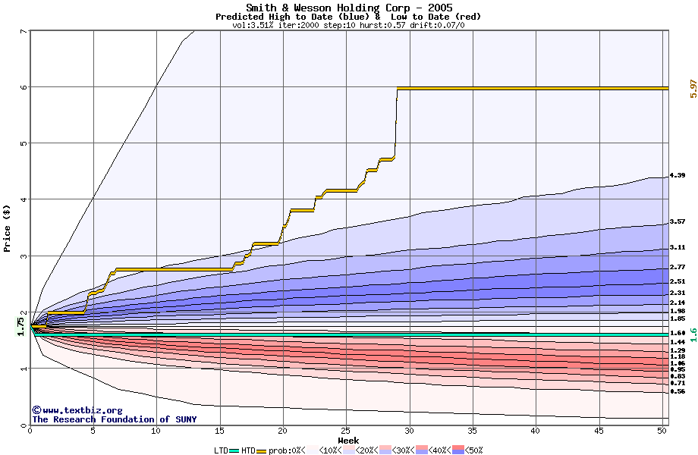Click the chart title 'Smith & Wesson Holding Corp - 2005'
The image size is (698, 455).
click(x=349, y=8)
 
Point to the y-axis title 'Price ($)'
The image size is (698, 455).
click(x=7, y=228)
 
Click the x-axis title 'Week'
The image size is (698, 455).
click(x=348, y=441)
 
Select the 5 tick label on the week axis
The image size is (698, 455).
click(x=93, y=431)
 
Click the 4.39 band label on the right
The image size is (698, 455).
click(x=678, y=175)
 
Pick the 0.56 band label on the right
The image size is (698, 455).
click(x=678, y=391)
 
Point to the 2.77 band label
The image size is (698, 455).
click(x=678, y=267)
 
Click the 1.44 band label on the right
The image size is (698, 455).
click(x=678, y=342)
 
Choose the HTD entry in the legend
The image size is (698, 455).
click(x=248, y=450)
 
